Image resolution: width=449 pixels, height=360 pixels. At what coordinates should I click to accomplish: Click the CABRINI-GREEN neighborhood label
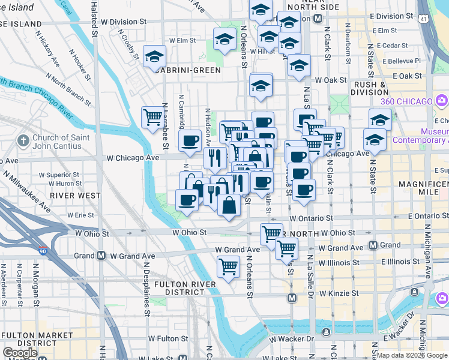pyautogui.click(x=186, y=70)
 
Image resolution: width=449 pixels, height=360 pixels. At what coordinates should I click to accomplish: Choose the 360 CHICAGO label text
pyautogui.click(x=408, y=100)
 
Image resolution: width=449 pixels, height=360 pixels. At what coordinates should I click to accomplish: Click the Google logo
pyautogui.click(x=20, y=353)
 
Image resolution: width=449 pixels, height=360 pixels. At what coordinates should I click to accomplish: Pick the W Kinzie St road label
pyautogui.click(x=339, y=293)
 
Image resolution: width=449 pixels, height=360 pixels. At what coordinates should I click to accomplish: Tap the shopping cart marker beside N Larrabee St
pyautogui.click(x=152, y=117)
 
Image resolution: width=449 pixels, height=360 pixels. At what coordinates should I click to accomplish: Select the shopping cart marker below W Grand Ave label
pyautogui.click(x=228, y=265)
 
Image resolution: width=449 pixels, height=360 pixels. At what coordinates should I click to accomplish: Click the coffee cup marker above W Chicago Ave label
pyautogui.click(x=190, y=140)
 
